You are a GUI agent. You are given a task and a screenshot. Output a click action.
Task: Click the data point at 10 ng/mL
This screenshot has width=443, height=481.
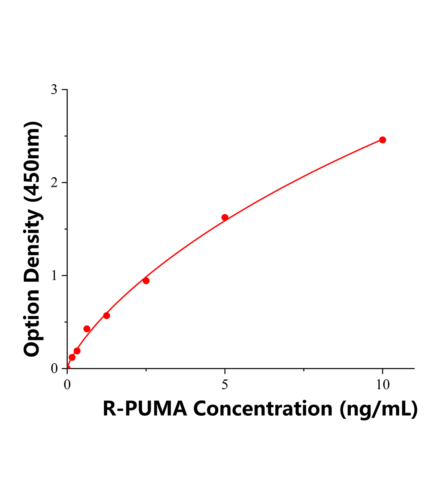pos(382,140)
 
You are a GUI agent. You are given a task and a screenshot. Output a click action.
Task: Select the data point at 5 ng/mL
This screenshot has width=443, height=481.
pos(225,217)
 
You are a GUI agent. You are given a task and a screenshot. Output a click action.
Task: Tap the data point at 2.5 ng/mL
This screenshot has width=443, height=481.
pos(146,281)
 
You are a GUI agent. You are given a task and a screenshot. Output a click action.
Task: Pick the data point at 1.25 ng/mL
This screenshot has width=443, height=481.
pos(107,315)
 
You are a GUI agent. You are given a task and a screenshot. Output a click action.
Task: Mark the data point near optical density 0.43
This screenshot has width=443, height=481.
pos(87,329)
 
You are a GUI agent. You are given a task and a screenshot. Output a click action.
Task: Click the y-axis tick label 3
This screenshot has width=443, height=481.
pos(54,90)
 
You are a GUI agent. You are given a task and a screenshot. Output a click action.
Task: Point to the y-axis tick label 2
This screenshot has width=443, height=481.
pos(54,183)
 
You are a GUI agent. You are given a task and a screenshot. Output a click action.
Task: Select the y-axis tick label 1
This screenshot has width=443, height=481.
pos(54,276)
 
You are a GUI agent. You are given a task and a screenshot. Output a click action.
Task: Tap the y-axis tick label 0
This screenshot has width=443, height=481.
pos(54,369)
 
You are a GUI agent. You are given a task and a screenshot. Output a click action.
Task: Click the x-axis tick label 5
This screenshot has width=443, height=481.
pos(225,385)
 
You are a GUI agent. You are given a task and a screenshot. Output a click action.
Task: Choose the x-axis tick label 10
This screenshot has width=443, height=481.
pos(383,385)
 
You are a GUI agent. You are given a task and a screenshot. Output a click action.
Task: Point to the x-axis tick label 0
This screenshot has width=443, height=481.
pos(67,385)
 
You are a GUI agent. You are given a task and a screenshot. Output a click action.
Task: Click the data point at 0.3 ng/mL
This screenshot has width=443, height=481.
pos(77,351)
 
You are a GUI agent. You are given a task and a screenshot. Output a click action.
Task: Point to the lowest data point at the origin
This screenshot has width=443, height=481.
pos(67,368)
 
